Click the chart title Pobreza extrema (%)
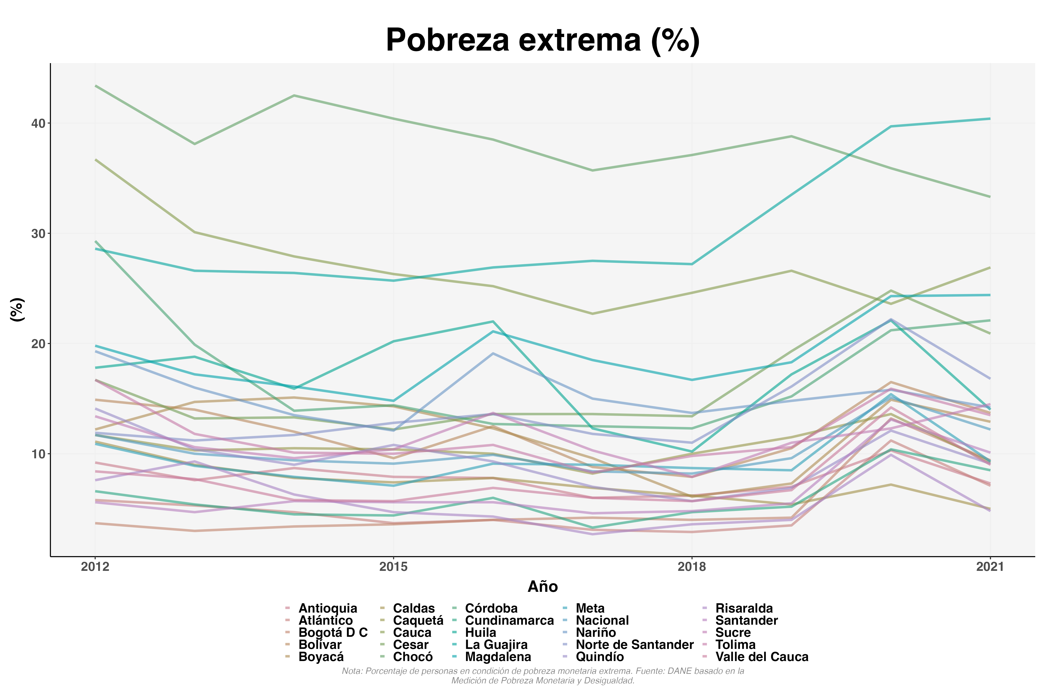point(542,40)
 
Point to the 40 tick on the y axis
point(39,123)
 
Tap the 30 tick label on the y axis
point(39,234)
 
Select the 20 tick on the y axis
point(39,344)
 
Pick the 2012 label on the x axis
point(95,567)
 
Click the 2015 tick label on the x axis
point(393,567)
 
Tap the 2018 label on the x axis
point(692,567)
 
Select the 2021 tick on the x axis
point(990,567)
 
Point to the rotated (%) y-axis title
point(17,309)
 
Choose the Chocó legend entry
point(413,657)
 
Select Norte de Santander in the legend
point(634,645)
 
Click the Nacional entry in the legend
point(602,620)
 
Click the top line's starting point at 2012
point(95,86)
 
